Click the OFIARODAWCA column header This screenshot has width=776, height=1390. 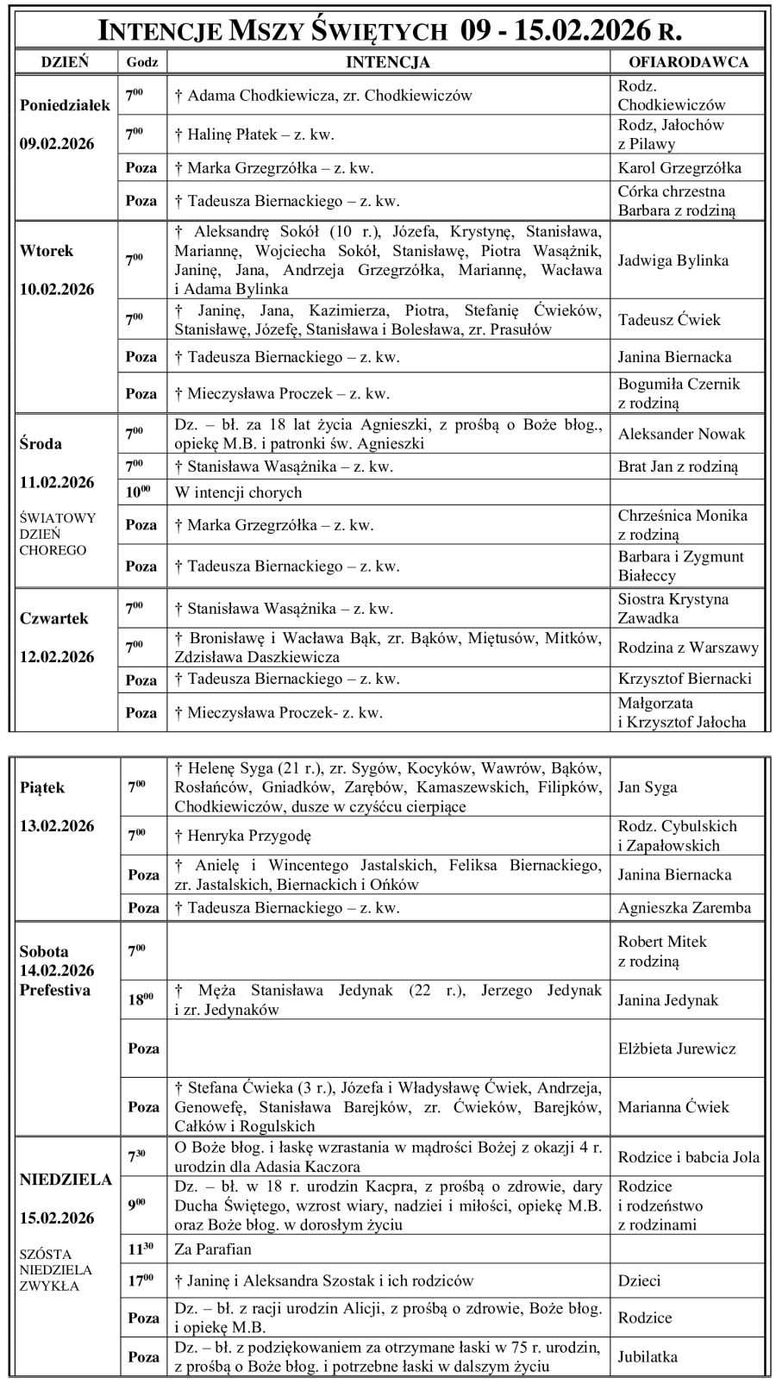click(x=688, y=62)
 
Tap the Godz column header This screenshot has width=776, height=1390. click(x=141, y=62)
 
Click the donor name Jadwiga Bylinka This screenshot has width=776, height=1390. click(x=673, y=260)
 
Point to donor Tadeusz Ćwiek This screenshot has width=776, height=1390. click(x=669, y=320)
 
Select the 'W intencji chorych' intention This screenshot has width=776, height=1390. click(x=238, y=492)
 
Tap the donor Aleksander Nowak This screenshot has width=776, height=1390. click(x=681, y=434)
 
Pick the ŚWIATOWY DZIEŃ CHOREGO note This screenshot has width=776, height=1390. click(x=57, y=534)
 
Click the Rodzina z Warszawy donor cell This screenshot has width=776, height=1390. click(x=688, y=648)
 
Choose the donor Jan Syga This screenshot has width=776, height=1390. click(x=647, y=787)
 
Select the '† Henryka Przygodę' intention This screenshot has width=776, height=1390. click(x=242, y=836)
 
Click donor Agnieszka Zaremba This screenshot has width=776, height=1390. click(x=684, y=907)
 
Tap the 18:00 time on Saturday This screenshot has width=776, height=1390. click(x=141, y=999)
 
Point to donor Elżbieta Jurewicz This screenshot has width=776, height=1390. click(x=676, y=1049)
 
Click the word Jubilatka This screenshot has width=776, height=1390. click(x=648, y=1356)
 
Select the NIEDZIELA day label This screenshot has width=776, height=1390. click(x=66, y=1180)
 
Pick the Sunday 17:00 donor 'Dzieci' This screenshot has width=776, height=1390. click(x=639, y=1281)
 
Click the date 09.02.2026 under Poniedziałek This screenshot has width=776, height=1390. click(x=57, y=143)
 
